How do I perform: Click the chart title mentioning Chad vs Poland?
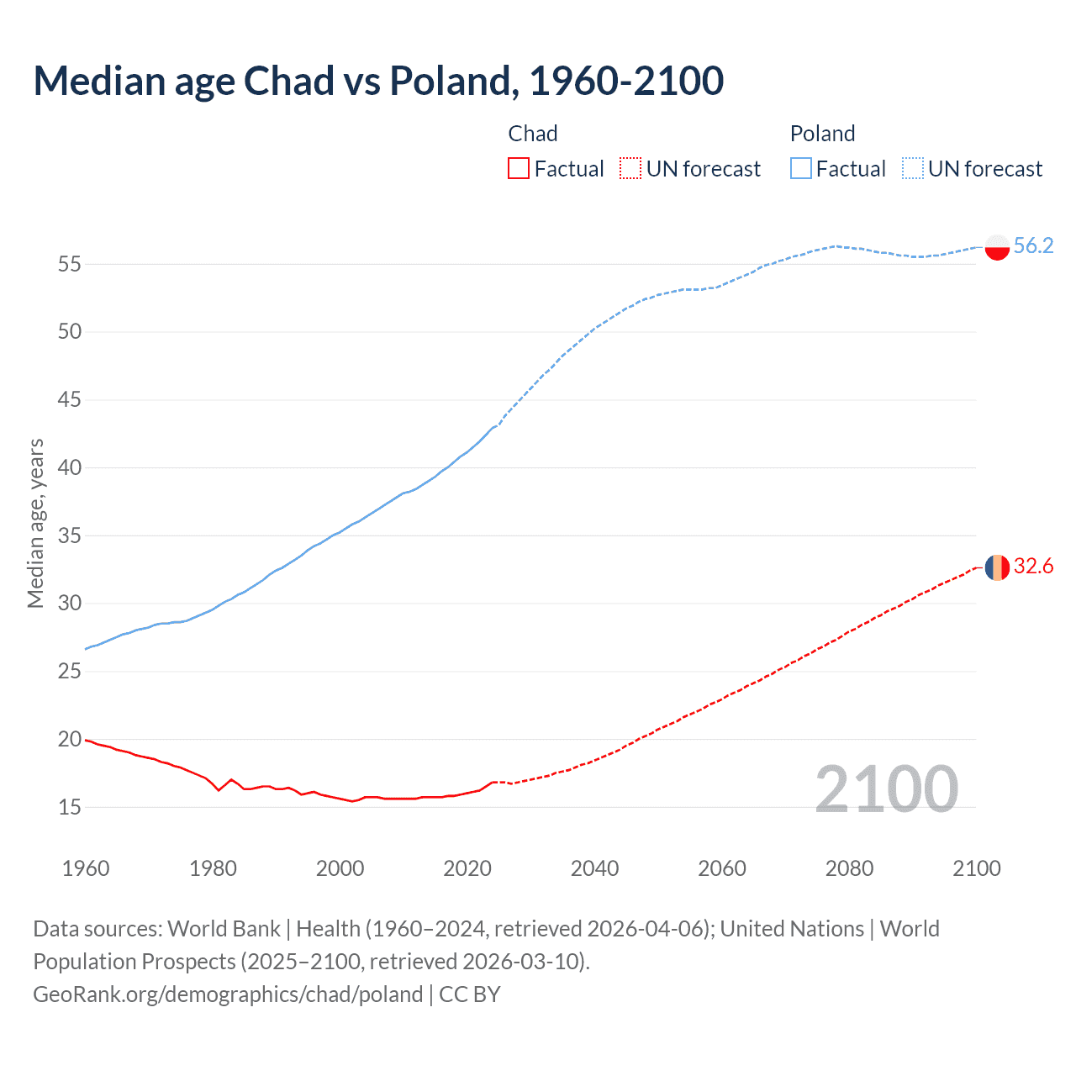point(378,81)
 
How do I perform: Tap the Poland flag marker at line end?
point(996,247)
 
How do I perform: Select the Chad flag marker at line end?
point(996,567)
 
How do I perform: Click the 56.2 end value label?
point(1033,245)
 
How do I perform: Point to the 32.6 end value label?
point(1033,567)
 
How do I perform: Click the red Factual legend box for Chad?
point(519,169)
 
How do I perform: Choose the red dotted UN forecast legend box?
point(630,169)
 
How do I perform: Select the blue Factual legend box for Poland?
point(801,169)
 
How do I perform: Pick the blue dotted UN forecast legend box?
point(912,169)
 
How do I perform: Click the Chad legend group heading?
point(533,134)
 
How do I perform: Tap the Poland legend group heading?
point(822,134)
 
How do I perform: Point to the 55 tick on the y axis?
point(70,264)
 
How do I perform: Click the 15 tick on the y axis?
point(70,808)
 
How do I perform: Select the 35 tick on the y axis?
point(70,535)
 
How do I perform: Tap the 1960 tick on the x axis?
point(86,868)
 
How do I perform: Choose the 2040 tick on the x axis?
point(594,868)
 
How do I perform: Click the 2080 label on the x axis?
point(849,868)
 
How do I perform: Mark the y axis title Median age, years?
point(35,523)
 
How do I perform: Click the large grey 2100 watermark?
point(886,789)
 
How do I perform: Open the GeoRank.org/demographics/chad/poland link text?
point(228,994)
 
